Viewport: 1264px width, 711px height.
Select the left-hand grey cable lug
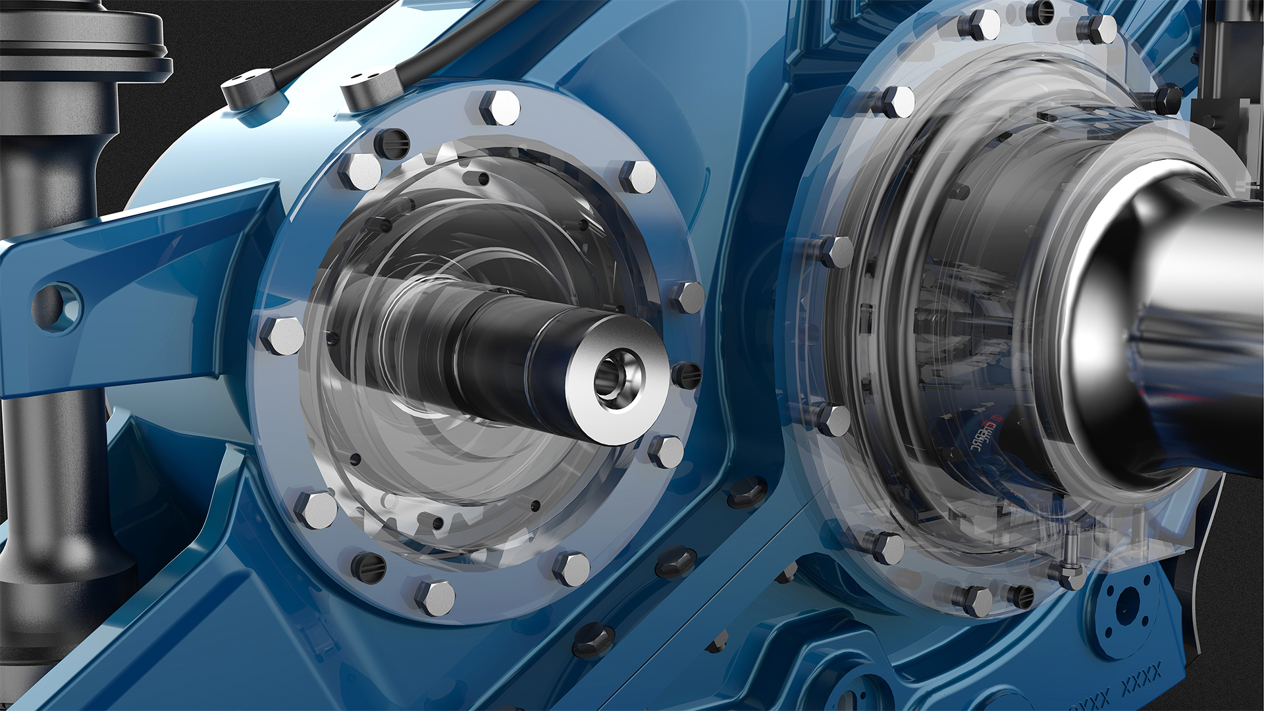(x=247, y=89)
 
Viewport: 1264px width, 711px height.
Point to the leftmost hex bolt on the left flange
(x=282, y=336)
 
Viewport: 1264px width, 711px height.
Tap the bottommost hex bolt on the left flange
(x=435, y=598)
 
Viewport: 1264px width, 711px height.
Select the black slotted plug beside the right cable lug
(x=392, y=142)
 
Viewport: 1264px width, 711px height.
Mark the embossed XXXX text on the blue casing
(x=1142, y=675)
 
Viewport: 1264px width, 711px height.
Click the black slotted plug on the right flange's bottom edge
(x=1020, y=596)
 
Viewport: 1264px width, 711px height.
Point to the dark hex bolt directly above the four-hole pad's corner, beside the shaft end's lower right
(x=747, y=490)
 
